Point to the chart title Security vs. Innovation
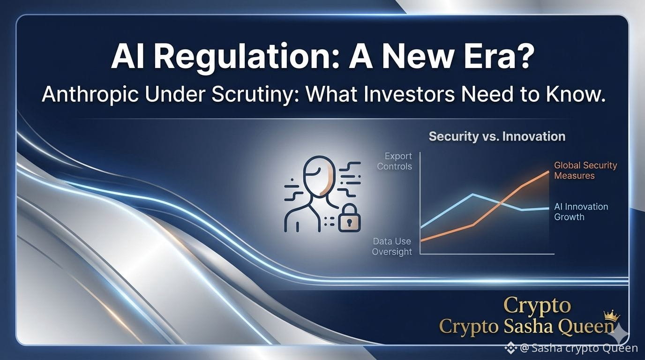[497, 136]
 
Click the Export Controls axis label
[395, 161]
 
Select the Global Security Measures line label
[585, 171]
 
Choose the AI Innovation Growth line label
[581, 212]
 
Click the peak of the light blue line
[472, 195]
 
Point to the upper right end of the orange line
[548, 172]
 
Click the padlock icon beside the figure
[349, 218]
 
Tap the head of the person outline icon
[319, 176]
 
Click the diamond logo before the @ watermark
[511, 348]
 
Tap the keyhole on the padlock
[349, 223]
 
